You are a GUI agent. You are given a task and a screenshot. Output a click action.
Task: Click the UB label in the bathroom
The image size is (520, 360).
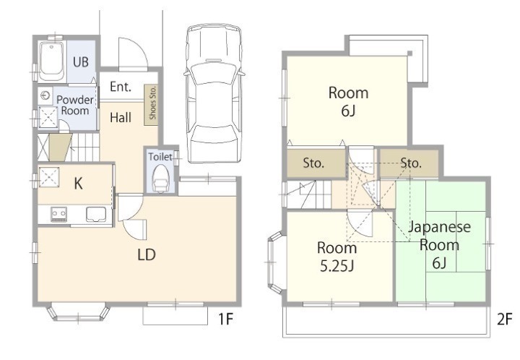pyautogui.click(x=81, y=62)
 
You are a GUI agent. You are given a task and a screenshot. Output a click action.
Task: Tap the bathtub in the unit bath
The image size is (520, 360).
pyautogui.click(x=52, y=61)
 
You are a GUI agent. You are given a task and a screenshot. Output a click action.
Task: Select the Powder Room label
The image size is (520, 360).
pyautogui.click(x=75, y=105)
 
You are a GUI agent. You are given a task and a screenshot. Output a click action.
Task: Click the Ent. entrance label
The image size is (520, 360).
pyautogui.click(x=121, y=87)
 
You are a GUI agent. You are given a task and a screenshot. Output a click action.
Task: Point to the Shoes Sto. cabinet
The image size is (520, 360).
pyautogui.click(x=151, y=105)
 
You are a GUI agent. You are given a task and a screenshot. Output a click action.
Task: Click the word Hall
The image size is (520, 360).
pyautogui.click(x=121, y=117)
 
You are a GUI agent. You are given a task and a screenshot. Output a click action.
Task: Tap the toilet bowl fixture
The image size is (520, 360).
pyautogui.click(x=161, y=179)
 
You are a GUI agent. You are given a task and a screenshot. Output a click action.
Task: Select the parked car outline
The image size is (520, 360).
pyautogui.click(x=214, y=93)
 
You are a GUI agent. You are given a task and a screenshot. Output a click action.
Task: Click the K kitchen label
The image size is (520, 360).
pyautogui.click(x=78, y=184)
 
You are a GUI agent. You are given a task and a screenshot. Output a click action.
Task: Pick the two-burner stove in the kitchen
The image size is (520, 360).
pyautogui.click(x=58, y=214)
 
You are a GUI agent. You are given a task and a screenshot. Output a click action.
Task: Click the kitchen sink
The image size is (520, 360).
pyautogui.click(x=96, y=215)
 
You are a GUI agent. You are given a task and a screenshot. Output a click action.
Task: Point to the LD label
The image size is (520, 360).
pyautogui.click(x=146, y=254)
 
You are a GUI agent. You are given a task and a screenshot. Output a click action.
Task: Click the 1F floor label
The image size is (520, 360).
pyautogui.click(x=225, y=319)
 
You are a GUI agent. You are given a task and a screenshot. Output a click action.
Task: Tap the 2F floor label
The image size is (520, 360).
pyautogui.click(x=504, y=319)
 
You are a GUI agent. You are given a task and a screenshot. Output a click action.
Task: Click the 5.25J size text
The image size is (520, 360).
pyautogui.click(x=337, y=266)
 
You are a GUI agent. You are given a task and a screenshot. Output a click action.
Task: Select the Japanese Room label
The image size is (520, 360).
pyautogui.click(x=439, y=236)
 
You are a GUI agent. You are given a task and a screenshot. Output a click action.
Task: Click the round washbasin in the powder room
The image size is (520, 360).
pyautogui.click(x=45, y=96)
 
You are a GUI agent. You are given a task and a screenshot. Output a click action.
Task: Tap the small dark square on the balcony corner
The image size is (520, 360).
pyautogui.click(x=410, y=53)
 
